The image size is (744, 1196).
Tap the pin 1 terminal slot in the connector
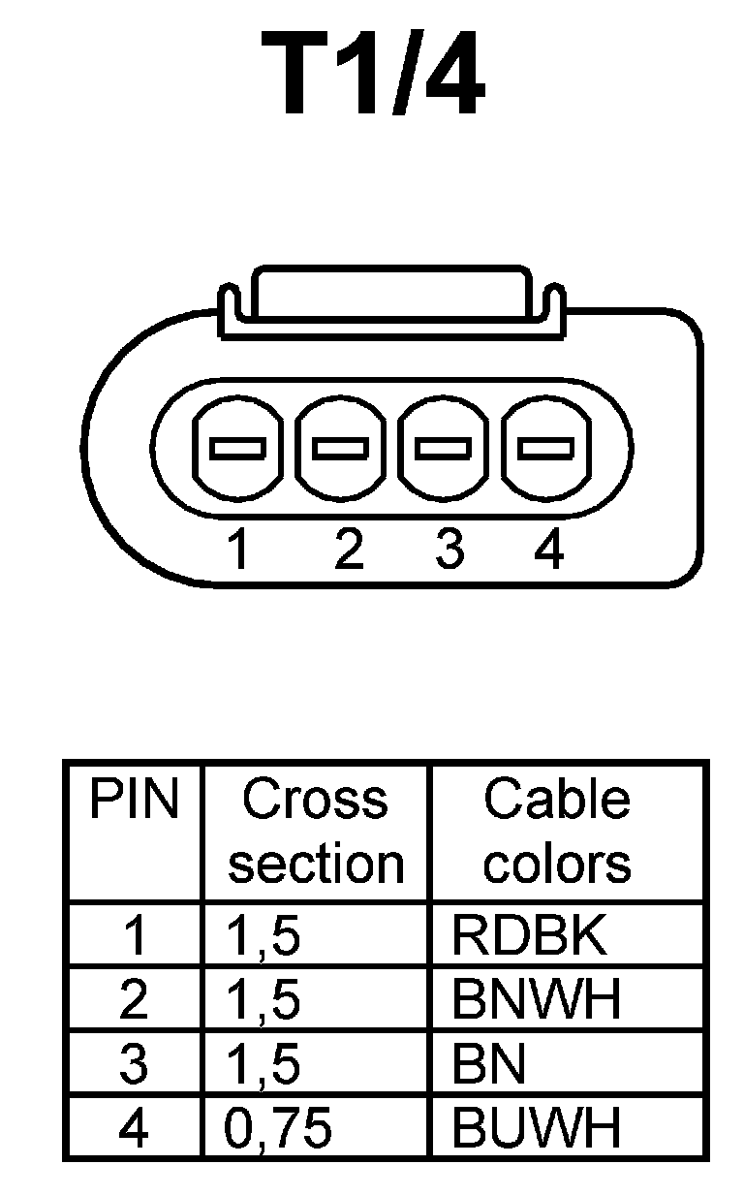(x=237, y=449)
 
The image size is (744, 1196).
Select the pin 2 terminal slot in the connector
(x=340, y=449)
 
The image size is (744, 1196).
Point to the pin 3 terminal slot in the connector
(x=443, y=449)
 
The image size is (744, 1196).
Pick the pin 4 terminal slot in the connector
(x=545, y=449)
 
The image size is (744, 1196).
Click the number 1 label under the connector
(x=237, y=551)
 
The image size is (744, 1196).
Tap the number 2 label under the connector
(x=347, y=551)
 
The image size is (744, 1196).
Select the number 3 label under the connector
(x=449, y=551)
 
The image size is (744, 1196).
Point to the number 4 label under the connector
(x=548, y=551)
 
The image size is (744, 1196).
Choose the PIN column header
(x=134, y=801)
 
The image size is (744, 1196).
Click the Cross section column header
(x=315, y=832)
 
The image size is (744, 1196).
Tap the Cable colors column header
(x=557, y=832)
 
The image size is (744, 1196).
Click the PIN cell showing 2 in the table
(x=134, y=1000)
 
